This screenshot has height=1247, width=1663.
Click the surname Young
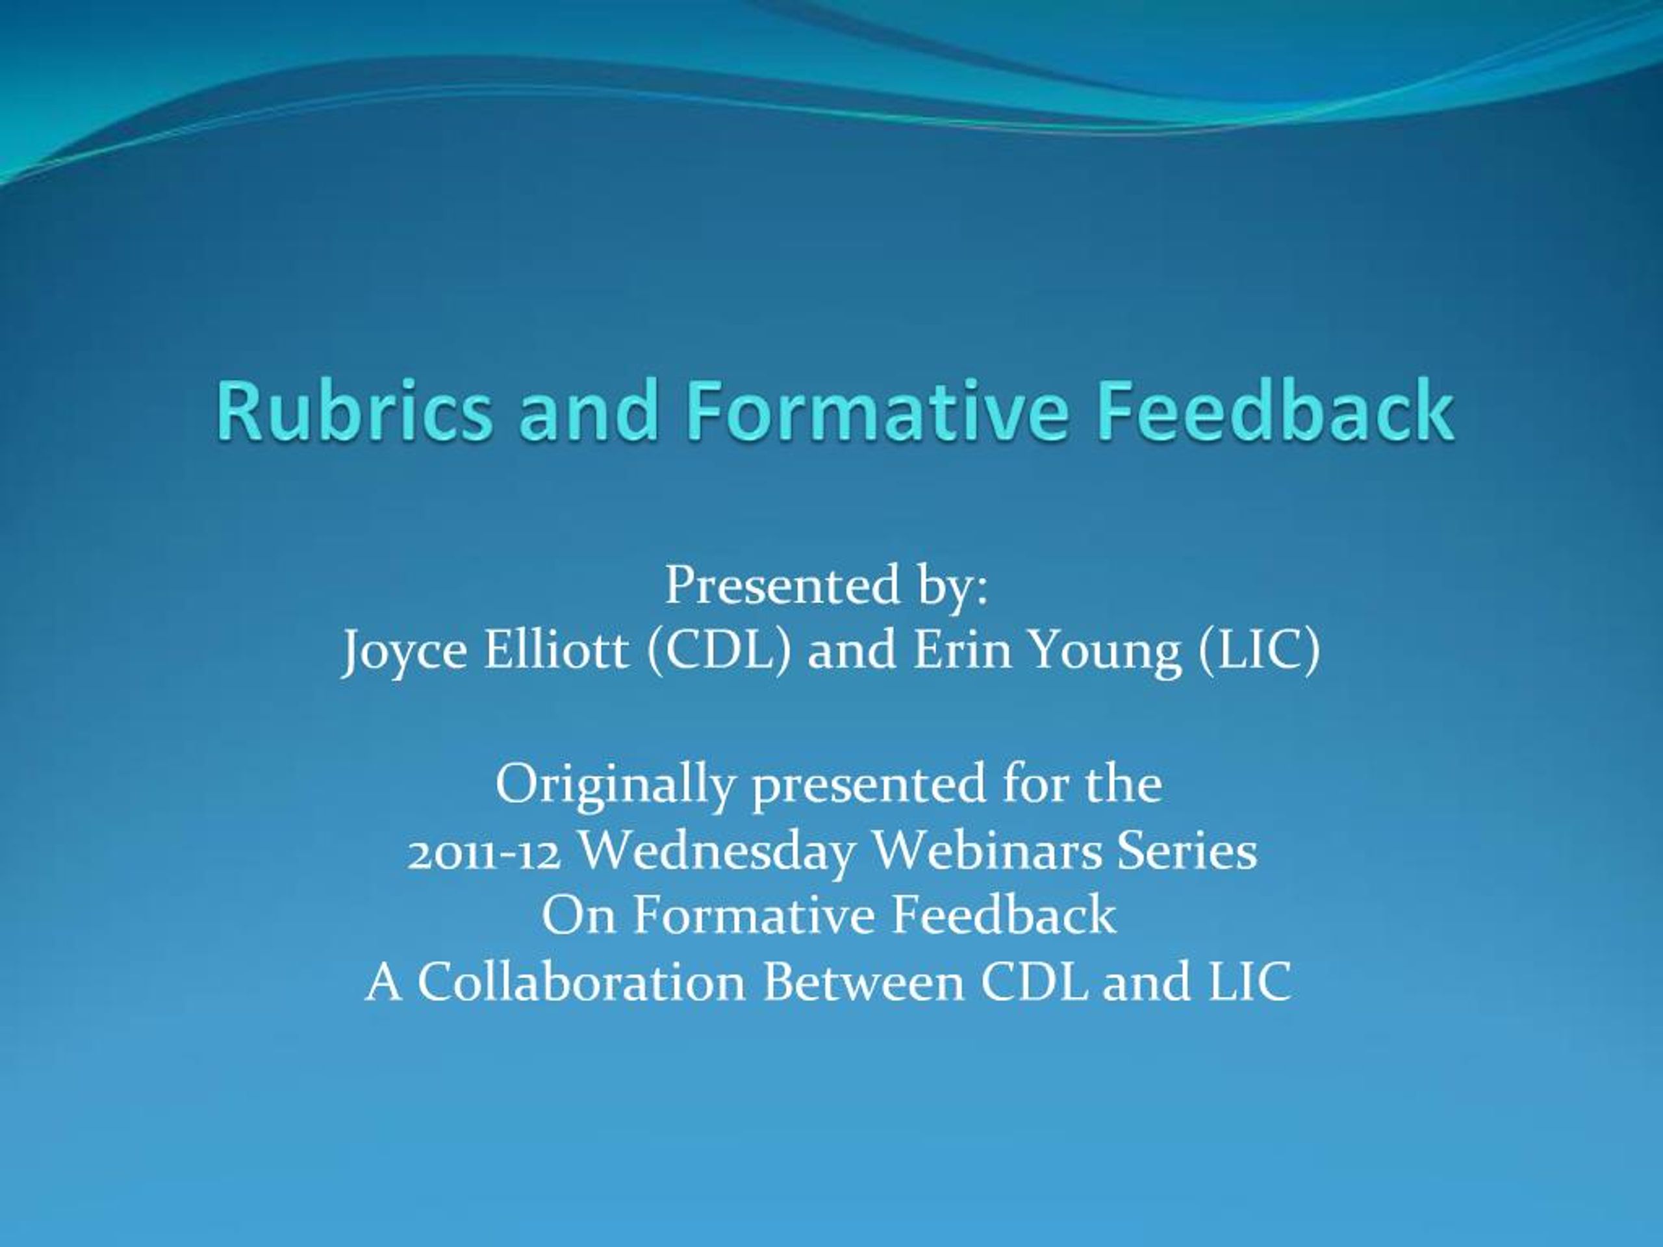(x=1105, y=651)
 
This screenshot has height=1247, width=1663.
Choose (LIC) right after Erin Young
(x=1258, y=651)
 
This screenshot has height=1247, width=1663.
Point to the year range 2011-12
(x=485, y=852)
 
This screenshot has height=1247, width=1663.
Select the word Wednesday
(x=718, y=852)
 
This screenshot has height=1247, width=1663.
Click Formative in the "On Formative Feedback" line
(x=754, y=916)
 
